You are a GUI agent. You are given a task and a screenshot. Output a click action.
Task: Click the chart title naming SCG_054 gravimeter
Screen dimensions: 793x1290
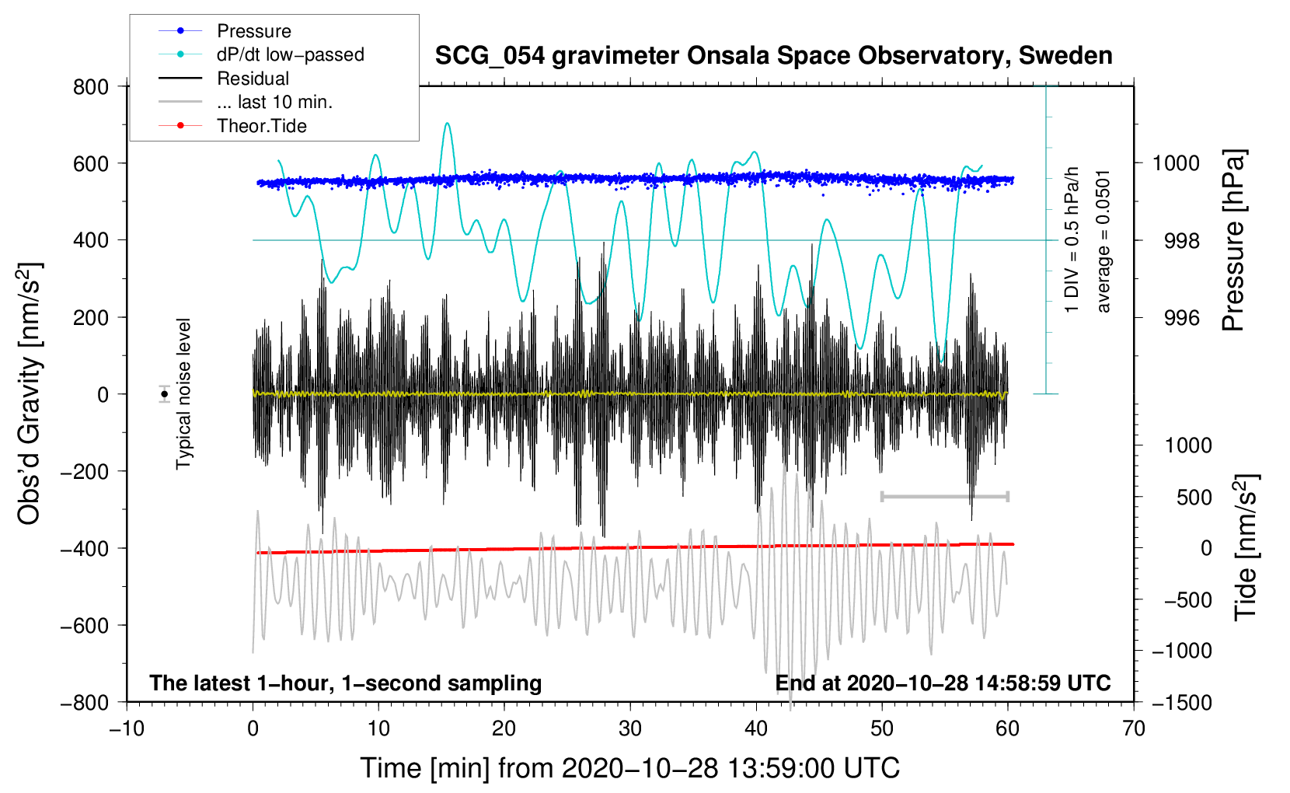[x=772, y=56]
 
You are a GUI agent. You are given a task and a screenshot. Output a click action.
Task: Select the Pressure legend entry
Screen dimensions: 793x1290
[x=253, y=31]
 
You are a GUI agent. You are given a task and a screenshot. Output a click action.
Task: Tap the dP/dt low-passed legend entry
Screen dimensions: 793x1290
[x=290, y=54]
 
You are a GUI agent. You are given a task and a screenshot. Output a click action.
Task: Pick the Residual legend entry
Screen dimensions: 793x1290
[x=253, y=79]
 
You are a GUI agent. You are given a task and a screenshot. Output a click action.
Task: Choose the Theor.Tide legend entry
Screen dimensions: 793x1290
[x=261, y=126]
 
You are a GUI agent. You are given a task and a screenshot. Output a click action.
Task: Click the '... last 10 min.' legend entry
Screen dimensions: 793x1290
[x=274, y=102]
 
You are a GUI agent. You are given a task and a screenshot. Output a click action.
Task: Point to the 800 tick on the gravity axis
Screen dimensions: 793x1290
[x=91, y=87]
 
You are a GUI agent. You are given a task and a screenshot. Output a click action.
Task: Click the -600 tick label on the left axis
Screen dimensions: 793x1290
[x=85, y=626]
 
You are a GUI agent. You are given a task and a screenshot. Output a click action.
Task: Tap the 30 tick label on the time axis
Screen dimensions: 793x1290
[x=630, y=728]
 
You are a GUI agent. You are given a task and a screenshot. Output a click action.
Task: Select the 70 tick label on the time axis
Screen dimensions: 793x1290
[x=1134, y=728]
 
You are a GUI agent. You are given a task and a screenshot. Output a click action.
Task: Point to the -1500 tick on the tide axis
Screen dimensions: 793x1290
[x=1182, y=702]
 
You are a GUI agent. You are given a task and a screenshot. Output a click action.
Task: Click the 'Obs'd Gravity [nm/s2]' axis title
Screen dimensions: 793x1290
[x=30, y=393]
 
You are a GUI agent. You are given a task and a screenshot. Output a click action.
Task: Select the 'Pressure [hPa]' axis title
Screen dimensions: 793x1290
[x=1233, y=240]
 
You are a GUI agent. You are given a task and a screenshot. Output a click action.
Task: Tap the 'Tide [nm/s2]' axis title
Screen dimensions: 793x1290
[x=1246, y=547]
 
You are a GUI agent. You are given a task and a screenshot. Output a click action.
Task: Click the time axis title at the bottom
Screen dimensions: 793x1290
[x=629, y=768]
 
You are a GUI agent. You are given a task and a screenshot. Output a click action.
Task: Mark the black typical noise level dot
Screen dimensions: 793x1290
[x=164, y=394]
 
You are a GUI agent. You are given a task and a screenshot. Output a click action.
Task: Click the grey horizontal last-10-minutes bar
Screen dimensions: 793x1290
[x=944, y=496]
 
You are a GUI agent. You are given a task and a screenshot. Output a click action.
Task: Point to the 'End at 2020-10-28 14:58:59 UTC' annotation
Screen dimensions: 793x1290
[x=943, y=683]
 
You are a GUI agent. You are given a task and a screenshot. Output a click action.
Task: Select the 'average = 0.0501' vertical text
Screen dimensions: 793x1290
[x=1103, y=241]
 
